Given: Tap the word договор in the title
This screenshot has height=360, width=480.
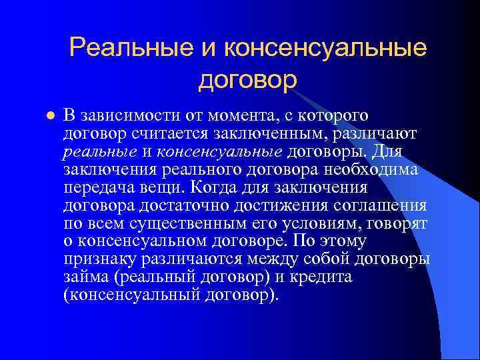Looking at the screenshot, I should tap(247, 79).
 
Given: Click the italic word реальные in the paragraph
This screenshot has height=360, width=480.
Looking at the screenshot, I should tap(99, 151).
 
